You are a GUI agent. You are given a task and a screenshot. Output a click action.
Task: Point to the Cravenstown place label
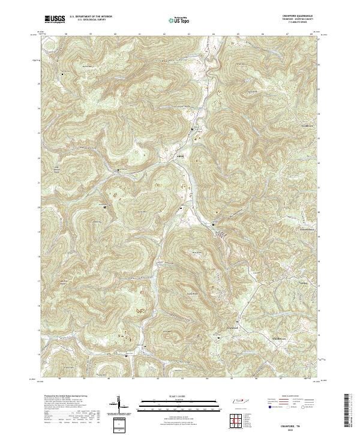coord(308,230)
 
